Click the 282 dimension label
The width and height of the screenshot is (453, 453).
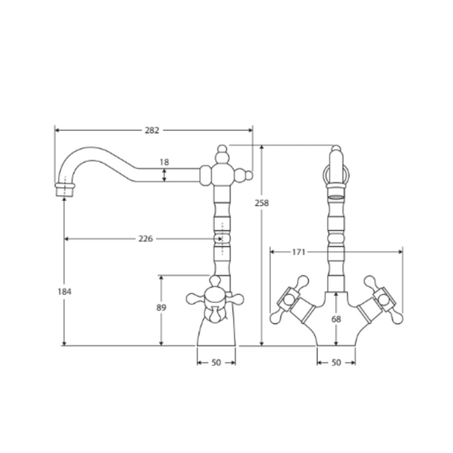click(152, 130)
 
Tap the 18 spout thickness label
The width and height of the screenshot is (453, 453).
click(164, 162)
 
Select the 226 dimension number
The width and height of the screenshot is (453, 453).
click(146, 239)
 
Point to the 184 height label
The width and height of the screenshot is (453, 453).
click(64, 292)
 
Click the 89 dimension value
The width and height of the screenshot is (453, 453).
click(161, 307)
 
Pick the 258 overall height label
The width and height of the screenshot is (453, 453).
click(261, 203)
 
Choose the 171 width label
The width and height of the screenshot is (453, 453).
click(298, 252)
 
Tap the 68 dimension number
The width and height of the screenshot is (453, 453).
click(336, 319)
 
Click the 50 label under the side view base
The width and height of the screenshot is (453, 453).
click(216, 362)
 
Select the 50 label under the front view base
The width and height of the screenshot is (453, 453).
click(336, 362)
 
